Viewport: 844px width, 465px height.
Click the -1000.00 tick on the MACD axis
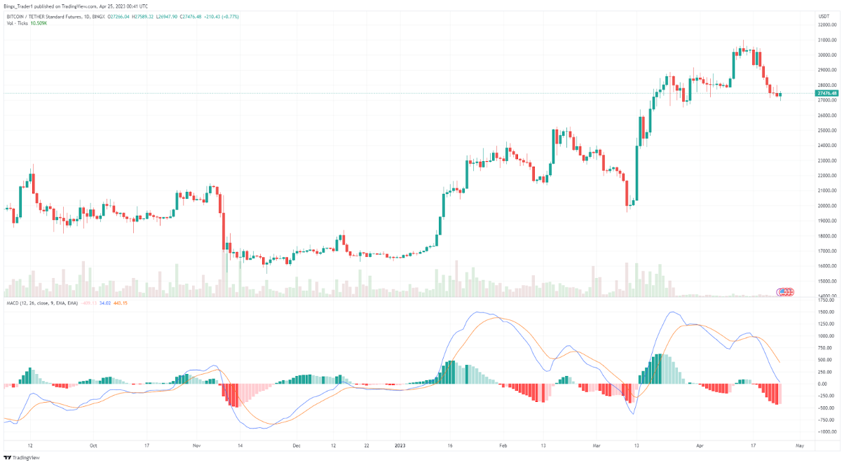click(x=826, y=432)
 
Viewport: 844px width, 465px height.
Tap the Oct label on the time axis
click(x=93, y=445)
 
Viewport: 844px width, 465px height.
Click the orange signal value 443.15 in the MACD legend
click(x=120, y=303)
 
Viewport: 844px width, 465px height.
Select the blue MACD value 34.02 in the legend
click(x=105, y=303)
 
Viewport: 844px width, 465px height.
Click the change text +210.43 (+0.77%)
click(x=222, y=16)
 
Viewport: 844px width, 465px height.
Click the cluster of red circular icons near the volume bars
click(x=786, y=291)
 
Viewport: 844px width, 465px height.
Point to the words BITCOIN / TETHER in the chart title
click(x=28, y=16)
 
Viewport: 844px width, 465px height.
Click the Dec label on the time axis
click(x=297, y=445)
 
